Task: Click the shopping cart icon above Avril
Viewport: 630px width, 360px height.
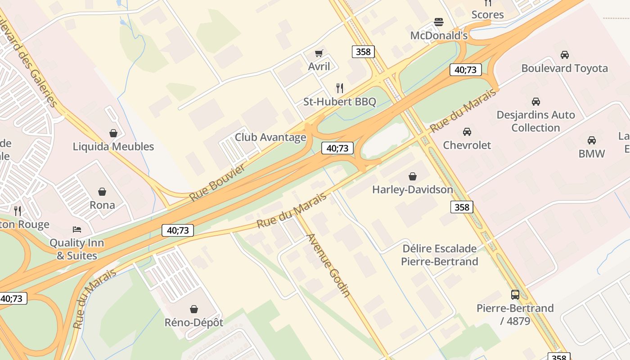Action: click(x=319, y=54)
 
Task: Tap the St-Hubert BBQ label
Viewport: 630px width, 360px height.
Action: click(x=339, y=102)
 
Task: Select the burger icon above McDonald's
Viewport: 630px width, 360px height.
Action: click(x=439, y=22)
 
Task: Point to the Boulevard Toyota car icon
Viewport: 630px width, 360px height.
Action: click(x=564, y=55)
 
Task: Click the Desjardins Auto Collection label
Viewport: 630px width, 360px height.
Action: click(x=535, y=121)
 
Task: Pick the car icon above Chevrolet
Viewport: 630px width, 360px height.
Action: click(x=467, y=132)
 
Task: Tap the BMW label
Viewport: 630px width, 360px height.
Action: click(x=591, y=153)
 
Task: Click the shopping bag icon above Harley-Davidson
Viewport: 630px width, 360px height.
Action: click(x=412, y=176)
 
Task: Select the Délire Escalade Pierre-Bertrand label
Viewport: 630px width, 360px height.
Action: click(x=439, y=255)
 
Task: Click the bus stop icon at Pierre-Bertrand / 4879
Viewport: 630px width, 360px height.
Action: click(x=515, y=295)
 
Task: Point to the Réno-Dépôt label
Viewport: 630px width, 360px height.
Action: click(x=193, y=322)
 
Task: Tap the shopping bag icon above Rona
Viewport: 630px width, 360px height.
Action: click(x=102, y=192)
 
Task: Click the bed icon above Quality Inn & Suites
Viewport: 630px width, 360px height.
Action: click(x=77, y=229)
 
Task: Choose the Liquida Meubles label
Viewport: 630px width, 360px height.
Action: click(x=113, y=147)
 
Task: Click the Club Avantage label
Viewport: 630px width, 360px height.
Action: click(x=270, y=137)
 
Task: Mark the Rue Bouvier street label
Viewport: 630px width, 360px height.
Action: click(x=217, y=183)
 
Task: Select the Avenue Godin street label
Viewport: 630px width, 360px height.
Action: click(x=328, y=265)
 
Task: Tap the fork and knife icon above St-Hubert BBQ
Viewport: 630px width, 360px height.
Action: click(x=340, y=88)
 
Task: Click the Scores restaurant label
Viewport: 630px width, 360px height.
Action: click(x=487, y=15)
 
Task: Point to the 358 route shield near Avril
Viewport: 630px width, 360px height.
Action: click(x=363, y=52)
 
